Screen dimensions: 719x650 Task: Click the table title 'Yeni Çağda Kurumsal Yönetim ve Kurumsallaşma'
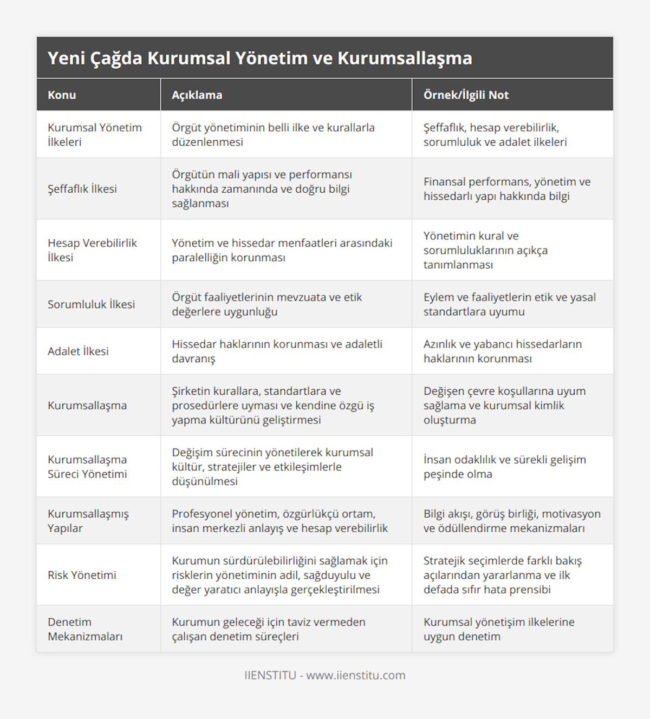[x=260, y=58]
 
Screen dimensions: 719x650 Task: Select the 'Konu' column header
[x=62, y=95]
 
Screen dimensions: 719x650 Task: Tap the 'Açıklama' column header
[x=197, y=95]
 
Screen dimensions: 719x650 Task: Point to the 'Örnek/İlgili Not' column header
[x=466, y=95]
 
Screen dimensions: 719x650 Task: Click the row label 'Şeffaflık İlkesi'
[x=82, y=189]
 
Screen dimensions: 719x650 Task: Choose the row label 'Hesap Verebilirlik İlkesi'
[x=92, y=250]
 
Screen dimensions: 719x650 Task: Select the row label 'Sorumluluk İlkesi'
[x=91, y=304]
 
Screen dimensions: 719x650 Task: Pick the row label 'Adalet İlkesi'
[x=78, y=351]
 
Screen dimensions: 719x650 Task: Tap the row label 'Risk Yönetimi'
[x=82, y=575]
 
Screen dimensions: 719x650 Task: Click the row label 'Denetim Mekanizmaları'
[x=85, y=629]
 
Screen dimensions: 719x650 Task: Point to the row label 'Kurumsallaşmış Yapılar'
[x=88, y=521]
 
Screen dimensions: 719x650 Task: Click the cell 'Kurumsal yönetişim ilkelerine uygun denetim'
[x=499, y=629]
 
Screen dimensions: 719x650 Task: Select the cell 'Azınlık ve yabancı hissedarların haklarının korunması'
[x=503, y=351]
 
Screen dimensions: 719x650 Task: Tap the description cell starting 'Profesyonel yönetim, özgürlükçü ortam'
[x=279, y=521]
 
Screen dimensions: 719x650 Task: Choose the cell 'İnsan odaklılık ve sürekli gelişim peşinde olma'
[x=504, y=467]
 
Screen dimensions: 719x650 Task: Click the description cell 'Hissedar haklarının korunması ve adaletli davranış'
[x=277, y=351]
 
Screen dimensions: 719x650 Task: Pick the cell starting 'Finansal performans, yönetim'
[x=507, y=189]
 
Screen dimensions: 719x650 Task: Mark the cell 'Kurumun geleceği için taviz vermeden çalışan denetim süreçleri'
[x=269, y=629]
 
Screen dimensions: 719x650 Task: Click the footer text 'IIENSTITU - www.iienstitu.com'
[x=325, y=675]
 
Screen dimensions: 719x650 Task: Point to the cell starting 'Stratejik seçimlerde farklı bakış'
[x=502, y=575]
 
